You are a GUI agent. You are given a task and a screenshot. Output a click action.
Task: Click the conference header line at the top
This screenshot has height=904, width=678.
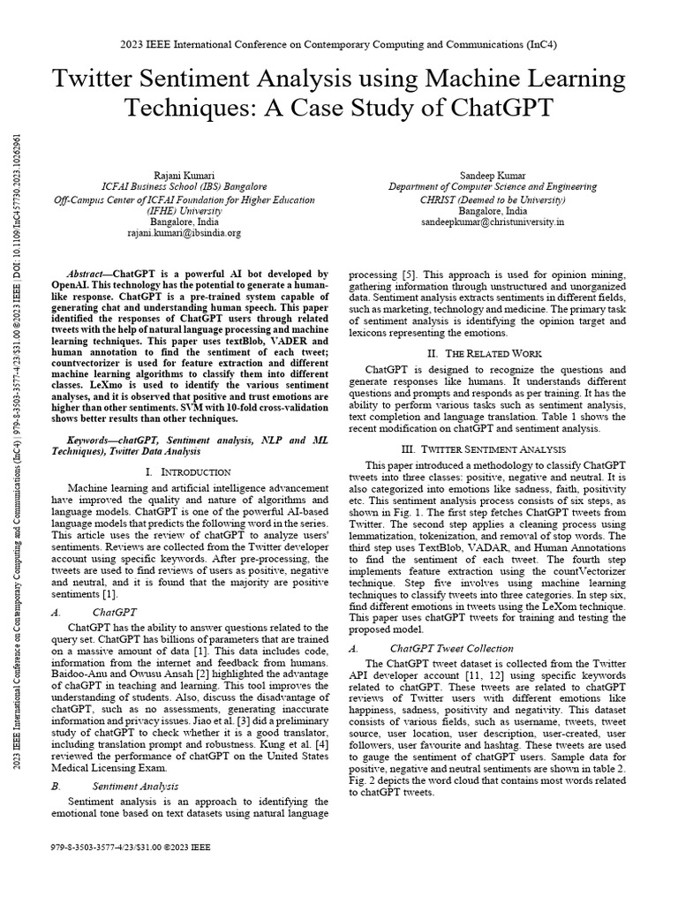point(339,43)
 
